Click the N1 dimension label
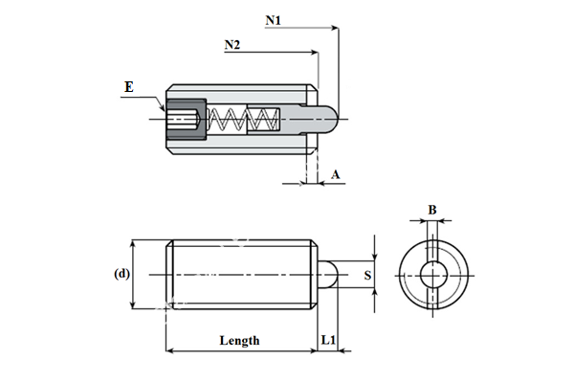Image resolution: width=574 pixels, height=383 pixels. [274, 18]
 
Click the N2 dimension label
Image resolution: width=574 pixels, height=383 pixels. [232, 45]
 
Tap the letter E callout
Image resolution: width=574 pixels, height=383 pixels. [130, 87]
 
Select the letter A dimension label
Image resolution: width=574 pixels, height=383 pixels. [336, 173]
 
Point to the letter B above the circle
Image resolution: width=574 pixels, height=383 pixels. [432, 209]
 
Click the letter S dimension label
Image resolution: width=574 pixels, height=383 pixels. [368, 275]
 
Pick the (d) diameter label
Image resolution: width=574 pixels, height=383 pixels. [121, 274]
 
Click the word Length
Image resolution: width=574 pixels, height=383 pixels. [239, 340]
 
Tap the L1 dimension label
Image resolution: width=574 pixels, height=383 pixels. [328, 340]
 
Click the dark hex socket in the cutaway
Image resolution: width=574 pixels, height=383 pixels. [183, 120]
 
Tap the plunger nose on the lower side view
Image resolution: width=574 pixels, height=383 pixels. [326, 275]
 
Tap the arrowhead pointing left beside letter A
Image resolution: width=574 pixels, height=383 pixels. [321, 182]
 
